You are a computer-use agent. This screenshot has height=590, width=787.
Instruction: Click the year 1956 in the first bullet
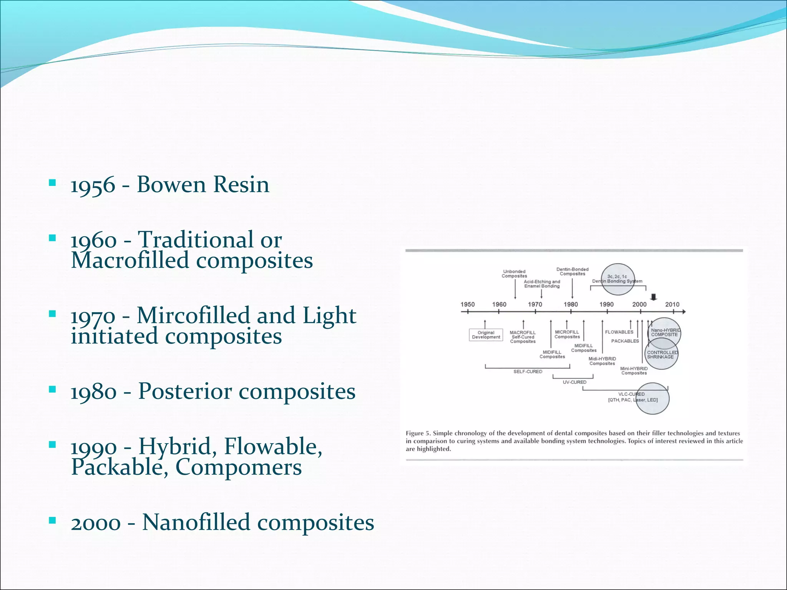pos(93,185)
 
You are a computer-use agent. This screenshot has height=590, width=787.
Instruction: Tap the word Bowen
pos(171,184)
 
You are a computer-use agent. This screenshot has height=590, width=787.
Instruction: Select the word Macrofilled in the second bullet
pos(130,260)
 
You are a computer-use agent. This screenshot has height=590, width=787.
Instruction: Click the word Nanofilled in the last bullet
pos(196,522)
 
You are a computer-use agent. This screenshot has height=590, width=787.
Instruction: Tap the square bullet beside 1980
pos(53,389)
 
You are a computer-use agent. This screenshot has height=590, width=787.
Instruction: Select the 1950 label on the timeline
pos(468,304)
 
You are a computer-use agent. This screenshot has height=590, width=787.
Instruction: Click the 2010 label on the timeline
pos(672,304)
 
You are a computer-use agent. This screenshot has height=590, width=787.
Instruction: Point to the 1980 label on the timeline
pos(571,304)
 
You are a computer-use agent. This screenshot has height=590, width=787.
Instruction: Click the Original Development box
pos(486,335)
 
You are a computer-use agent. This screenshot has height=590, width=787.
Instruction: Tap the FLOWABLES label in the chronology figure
pos(619,332)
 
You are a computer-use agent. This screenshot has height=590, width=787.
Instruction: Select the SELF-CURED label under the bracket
pos(528,371)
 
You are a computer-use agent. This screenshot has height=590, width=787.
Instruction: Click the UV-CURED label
pos(574,382)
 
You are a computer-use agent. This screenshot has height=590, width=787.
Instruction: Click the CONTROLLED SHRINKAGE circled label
pos(662,355)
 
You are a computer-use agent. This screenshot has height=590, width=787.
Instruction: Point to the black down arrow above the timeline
pos(654,297)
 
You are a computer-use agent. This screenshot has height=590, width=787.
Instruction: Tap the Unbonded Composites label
pos(514,273)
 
